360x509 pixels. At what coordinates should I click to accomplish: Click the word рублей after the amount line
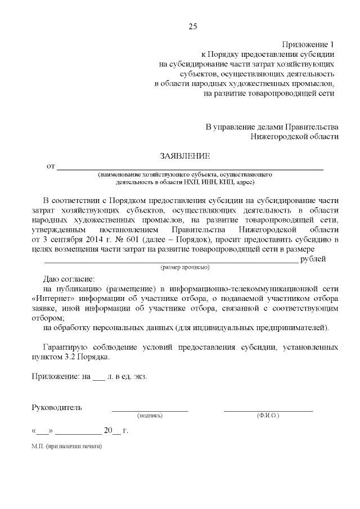(x=313, y=259)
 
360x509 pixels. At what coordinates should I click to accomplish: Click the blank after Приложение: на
(x=98, y=377)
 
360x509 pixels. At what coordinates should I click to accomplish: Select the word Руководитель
(x=57, y=407)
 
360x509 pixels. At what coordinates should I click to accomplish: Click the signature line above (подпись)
(x=150, y=411)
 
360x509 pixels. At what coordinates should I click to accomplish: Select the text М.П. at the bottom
(x=38, y=447)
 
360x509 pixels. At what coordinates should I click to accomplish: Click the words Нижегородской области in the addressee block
(x=295, y=137)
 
